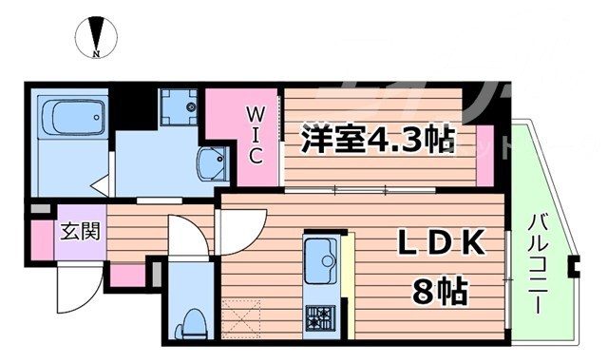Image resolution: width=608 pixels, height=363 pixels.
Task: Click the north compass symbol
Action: [x=96, y=37]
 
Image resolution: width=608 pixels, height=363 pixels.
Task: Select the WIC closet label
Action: [x=256, y=136]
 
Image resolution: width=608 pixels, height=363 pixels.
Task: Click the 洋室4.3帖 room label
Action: [x=375, y=141]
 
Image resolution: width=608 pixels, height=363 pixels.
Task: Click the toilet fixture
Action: [x=193, y=321]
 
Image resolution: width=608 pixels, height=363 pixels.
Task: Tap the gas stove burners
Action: [x=319, y=316]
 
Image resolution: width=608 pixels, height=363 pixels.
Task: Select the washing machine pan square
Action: [x=178, y=107]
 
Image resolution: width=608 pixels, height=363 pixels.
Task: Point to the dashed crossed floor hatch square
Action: [x=240, y=315]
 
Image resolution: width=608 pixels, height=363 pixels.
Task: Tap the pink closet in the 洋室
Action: [x=484, y=162]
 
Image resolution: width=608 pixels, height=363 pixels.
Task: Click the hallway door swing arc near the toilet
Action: [x=187, y=236]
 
